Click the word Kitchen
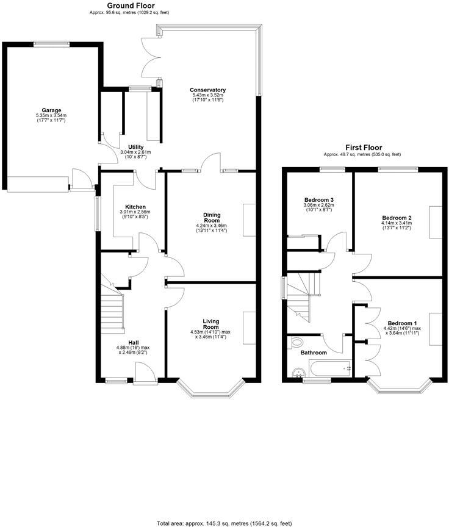point(135,206)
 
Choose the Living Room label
point(211,324)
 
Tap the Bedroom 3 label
point(318,200)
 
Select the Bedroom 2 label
point(397,218)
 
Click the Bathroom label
point(313,353)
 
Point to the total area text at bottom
point(224,523)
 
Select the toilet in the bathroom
point(297,343)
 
